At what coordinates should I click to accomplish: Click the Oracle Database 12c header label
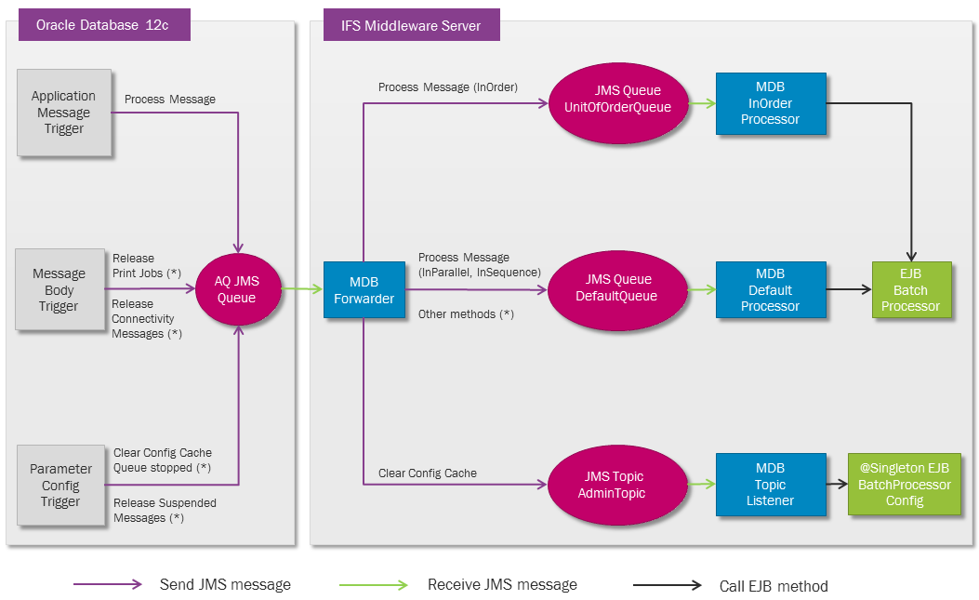click(x=104, y=25)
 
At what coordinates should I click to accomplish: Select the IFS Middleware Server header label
click(x=411, y=25)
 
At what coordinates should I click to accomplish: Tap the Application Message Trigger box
click(x=63, y=113)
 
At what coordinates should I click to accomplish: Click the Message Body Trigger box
click(x=59, y=289)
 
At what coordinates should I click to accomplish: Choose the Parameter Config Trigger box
click(x=60, y=486)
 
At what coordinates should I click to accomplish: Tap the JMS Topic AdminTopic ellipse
click(x=616, y=485)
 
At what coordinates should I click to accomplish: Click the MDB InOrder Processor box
click(x=770, y=102)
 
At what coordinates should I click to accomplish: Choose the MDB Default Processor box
click(x=770, y=289)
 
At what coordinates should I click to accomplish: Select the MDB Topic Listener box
click(x=770, y=484)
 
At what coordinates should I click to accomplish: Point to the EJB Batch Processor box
click(x=910, y=289)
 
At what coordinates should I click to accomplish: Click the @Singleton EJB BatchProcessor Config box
click(x=904, y=484)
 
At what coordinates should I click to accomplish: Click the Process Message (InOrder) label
click(x=447, y=87)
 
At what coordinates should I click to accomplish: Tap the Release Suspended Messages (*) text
click(x=165, y=511)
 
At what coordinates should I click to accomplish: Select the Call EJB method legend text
click(x=774, y=586)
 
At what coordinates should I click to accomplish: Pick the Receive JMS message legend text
click(x=502, y=585)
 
